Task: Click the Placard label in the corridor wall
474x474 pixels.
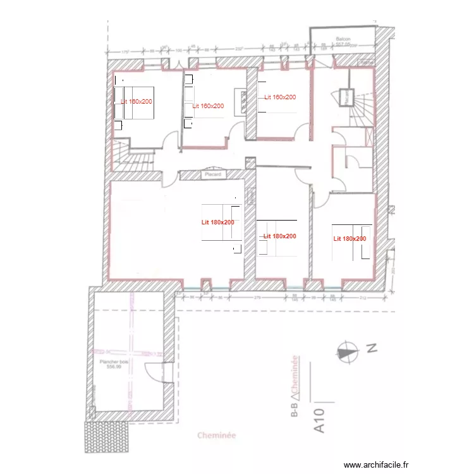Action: (x=211, y=174)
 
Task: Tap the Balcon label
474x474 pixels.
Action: (x=343, y=39)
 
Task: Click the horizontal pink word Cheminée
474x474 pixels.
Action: (x=217, y=435)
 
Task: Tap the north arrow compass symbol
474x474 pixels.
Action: (x=346, y=351)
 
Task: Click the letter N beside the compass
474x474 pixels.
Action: (x=372, y=347)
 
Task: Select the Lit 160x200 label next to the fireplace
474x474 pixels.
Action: (x=208, y=106)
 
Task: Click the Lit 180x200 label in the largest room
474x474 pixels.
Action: (x=218, y=222)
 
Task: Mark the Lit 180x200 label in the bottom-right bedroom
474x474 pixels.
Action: (x=349, y=239)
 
